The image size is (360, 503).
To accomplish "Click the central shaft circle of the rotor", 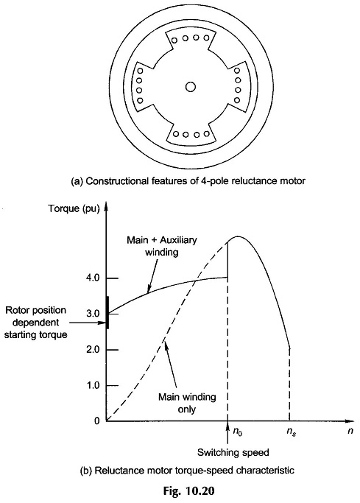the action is point(191,87).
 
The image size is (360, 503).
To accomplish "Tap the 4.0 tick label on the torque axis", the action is point(93,278).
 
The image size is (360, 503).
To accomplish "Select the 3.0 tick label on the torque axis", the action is point(93,314).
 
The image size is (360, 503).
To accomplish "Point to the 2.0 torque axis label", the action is point(93,349).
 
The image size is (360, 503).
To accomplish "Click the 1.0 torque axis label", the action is point(93,385).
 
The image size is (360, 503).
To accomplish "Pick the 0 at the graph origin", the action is point(97,421).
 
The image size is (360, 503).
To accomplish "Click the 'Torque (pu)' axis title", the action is point(74,209).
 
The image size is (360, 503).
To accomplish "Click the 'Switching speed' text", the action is point(233,453).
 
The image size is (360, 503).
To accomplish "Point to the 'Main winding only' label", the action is point(187,403).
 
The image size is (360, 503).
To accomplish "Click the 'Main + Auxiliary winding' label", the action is point(162,246).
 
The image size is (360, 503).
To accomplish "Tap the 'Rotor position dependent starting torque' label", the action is point(36,323).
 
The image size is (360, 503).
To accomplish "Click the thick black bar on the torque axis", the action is point(107,312).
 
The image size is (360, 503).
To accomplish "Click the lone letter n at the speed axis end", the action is point(350,431).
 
